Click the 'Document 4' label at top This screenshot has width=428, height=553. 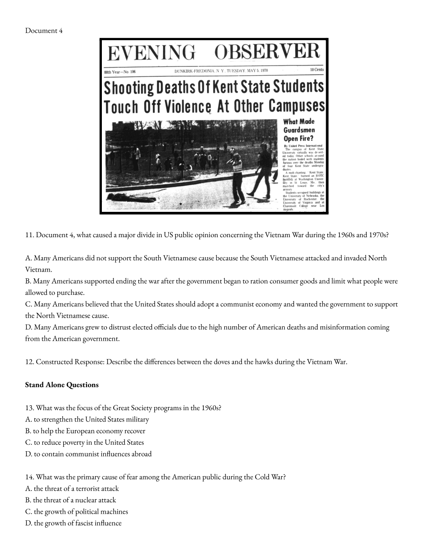coord(44,31)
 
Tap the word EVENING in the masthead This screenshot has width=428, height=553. coord(151,53)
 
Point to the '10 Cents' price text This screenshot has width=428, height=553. coord(317,70)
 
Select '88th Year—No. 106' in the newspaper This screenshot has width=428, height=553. coord(120,72)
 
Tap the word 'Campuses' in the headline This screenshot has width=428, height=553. coord(296,106)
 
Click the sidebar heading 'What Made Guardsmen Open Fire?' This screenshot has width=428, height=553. coord(299,130)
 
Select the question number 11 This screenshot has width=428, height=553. coord(29,235)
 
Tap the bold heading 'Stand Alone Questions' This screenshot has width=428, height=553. coord(62,385)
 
